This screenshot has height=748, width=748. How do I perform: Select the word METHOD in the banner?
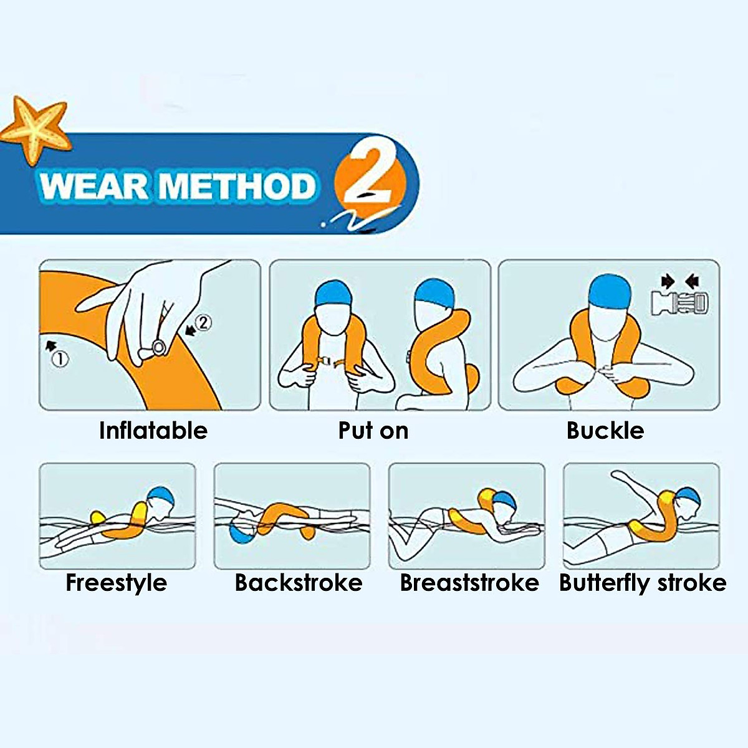pos(237,186)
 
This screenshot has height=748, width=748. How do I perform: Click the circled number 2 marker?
pos(203,323)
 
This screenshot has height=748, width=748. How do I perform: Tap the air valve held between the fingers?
pos(158,347)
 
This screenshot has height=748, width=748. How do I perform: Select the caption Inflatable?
pos(153,431)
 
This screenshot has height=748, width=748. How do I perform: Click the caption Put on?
pos(373,431)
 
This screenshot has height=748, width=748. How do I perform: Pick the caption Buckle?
pos(605,431)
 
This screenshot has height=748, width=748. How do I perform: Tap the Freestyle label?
pos(117,583)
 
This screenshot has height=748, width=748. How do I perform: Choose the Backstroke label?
pos(299,583)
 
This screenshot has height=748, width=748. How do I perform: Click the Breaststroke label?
pos(469,583)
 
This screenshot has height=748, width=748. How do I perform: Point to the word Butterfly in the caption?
pos(604,583)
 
